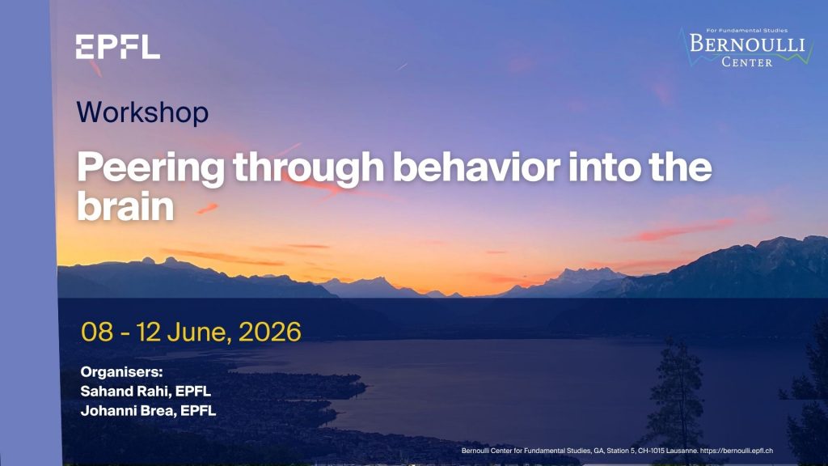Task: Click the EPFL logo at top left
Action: point(118,47)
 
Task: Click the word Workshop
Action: point(142,112)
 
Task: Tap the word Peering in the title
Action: point(151,168)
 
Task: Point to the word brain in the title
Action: point(125,206)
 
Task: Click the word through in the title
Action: point(309,168)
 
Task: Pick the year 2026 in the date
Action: point(270,332)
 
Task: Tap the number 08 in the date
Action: point(97,332)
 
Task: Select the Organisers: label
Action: point(121,372)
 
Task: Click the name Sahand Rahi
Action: point(125,391)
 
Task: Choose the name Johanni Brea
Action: point(128,410)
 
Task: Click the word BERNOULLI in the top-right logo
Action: point(746,44)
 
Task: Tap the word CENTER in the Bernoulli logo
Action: point(746,61)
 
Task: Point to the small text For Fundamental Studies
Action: point(746,30)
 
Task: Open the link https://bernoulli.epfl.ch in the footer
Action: point(737,451)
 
